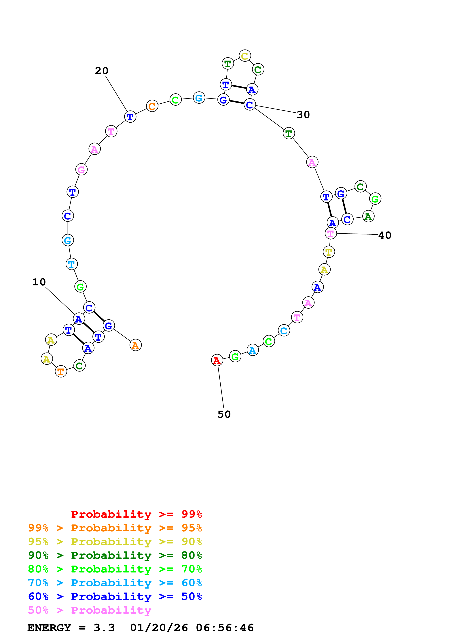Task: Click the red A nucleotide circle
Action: [217, 360]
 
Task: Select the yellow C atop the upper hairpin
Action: [245, 56]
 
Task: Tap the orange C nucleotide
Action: [152, 106]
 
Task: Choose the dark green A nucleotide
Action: [368, 216]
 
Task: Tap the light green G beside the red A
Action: [235, 356]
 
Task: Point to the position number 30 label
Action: [303, 114]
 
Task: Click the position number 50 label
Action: [224, 414]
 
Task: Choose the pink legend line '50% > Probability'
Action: [90, 610]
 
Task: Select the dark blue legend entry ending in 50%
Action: [115, 597]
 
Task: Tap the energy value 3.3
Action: [104, 628]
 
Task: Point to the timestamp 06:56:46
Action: [225, 628]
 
